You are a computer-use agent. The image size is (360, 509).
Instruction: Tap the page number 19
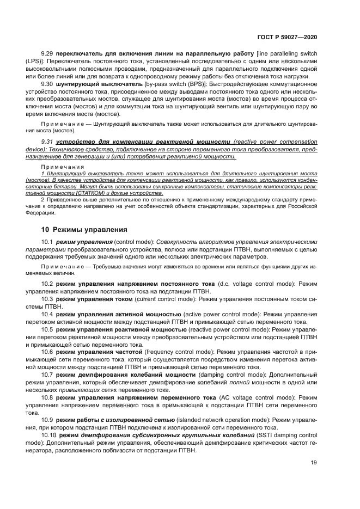click(314, 463)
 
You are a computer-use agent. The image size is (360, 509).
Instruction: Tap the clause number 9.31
click(49, 142)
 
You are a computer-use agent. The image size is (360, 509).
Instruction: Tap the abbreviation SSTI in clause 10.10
click(266, 436)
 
